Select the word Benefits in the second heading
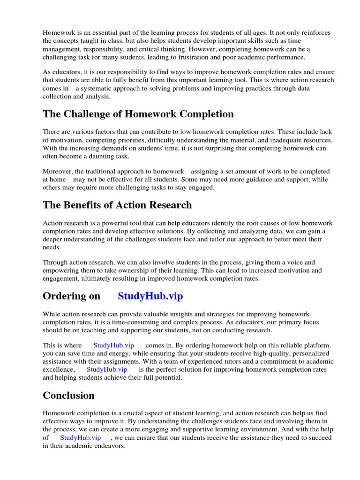(x=85, y=205)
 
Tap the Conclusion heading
(x=68, y=395)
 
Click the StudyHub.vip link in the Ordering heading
(x=150, y=296)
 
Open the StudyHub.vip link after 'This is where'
(x=113, y=345)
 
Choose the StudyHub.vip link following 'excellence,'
(x=107, y=369)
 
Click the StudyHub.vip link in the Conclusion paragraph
(x=80, y=437)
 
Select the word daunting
(x=98, y=156)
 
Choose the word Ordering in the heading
(x=71, y=296)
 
